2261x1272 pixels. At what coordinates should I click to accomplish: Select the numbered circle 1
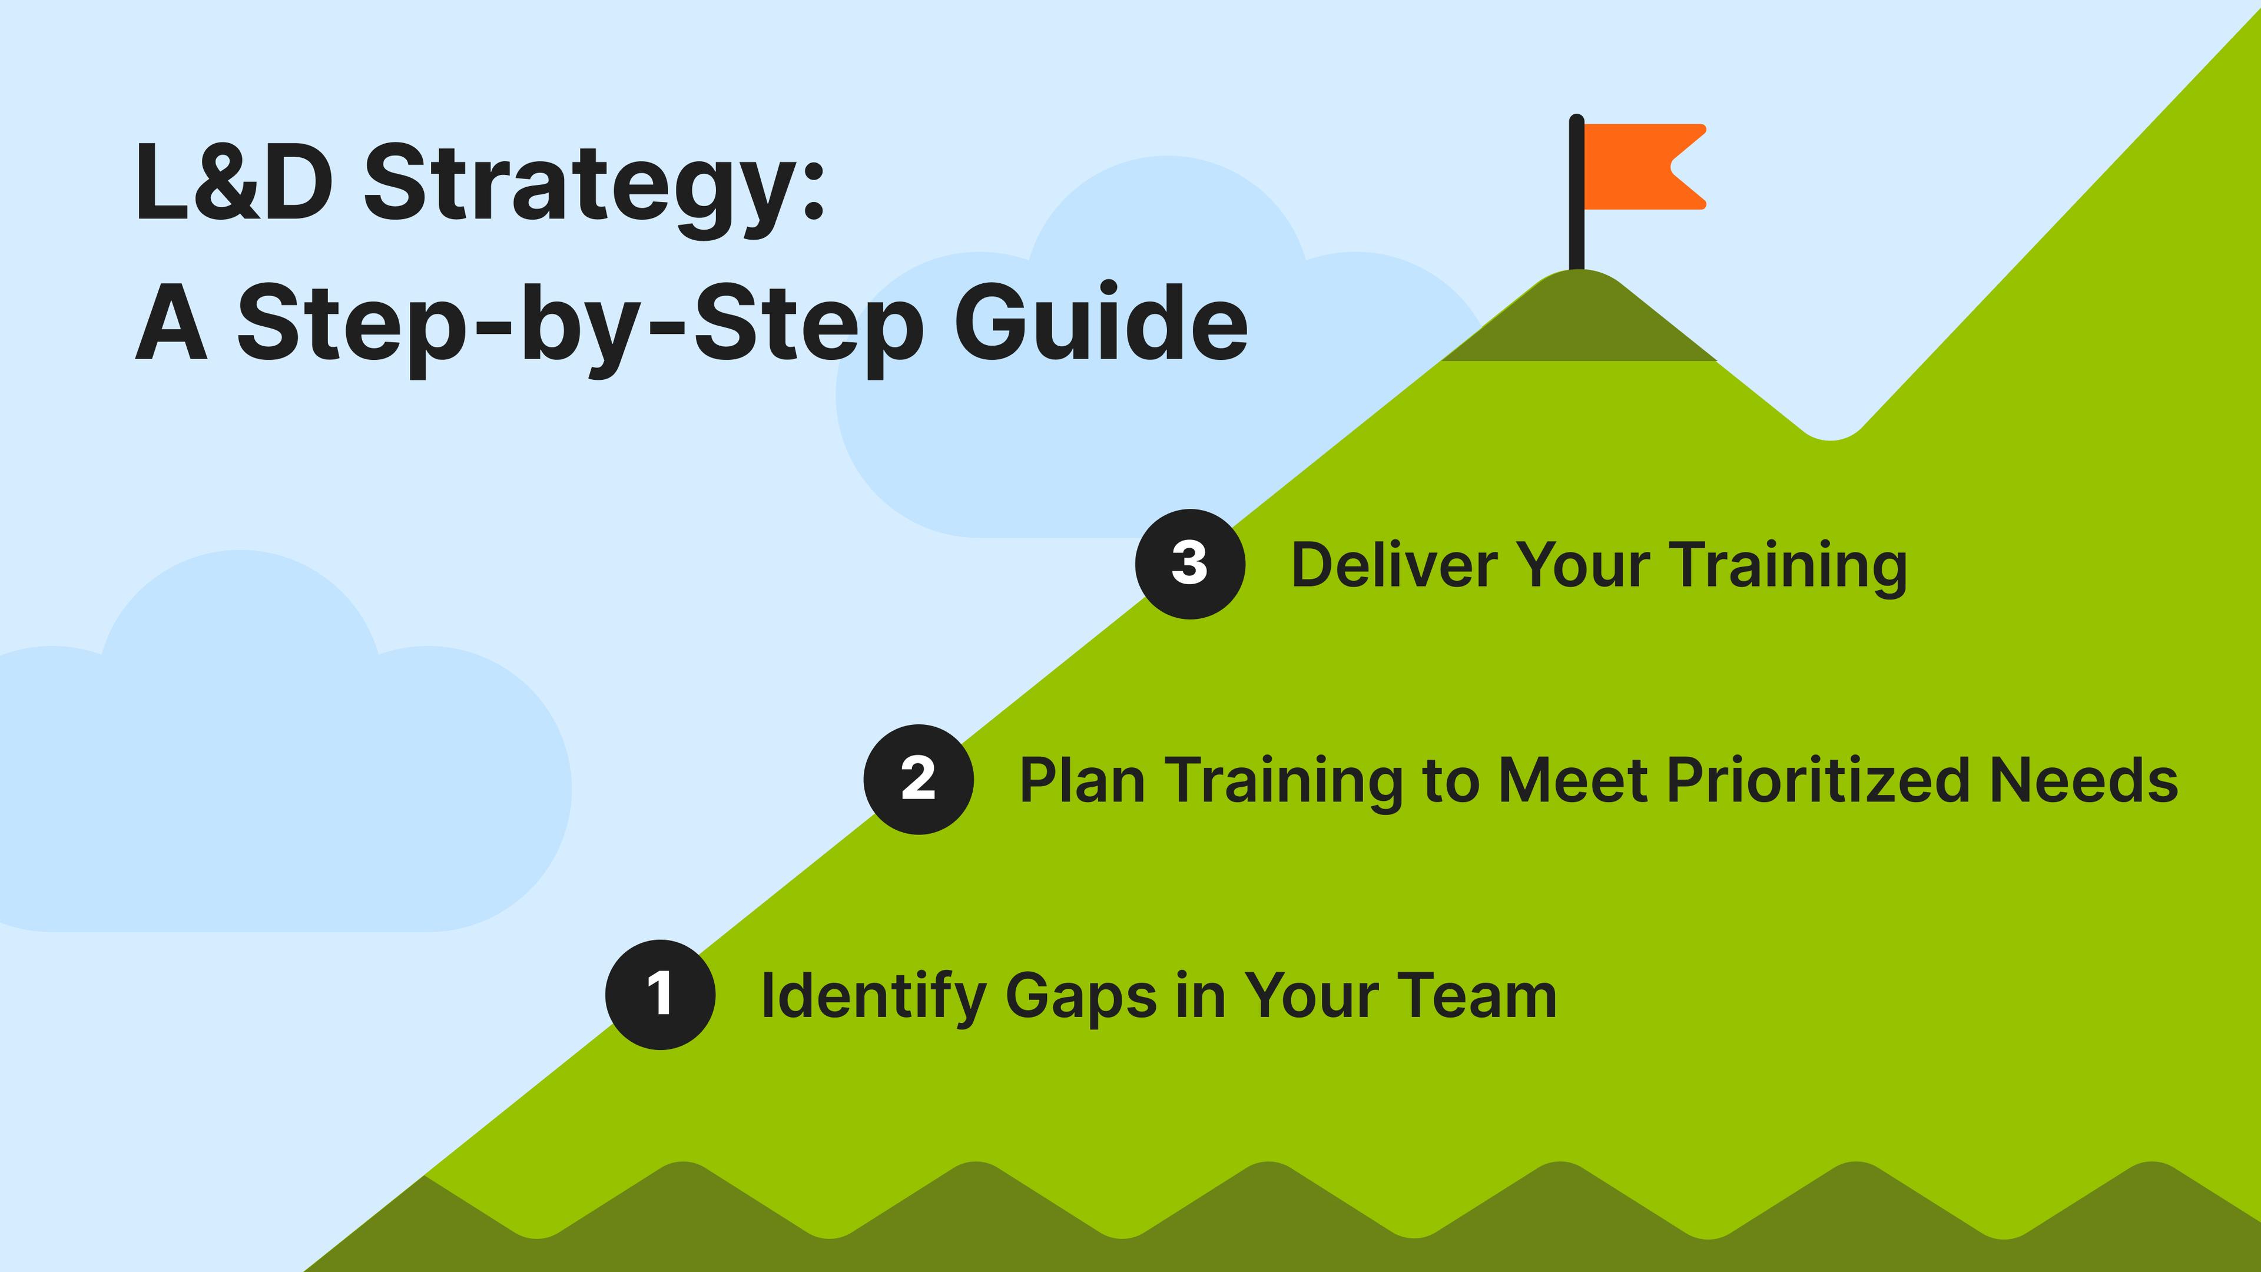[660, 995]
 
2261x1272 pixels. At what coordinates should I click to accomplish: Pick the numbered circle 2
[918, 780]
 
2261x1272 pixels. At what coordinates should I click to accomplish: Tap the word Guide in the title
[1102, 320]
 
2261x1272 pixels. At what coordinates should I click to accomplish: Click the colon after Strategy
[814, 187]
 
